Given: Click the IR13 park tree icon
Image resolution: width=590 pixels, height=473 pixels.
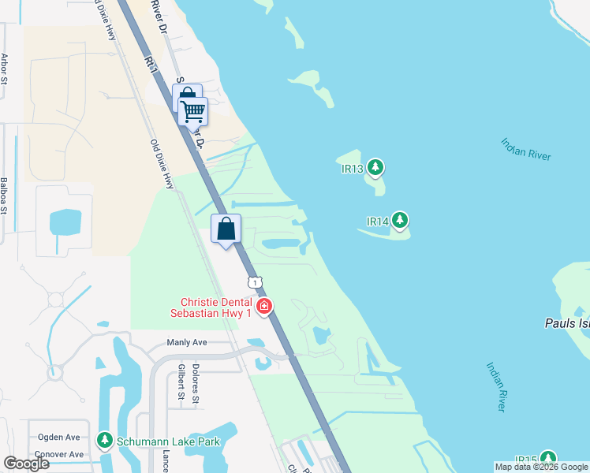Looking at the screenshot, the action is tap(376, 167).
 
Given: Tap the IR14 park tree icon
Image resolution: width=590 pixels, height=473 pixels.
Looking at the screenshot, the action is tap(401, 221).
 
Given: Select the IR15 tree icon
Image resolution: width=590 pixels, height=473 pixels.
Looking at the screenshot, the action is tap(547, 459).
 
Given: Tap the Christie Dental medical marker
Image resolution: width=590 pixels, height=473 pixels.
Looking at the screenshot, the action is tap(264, 306).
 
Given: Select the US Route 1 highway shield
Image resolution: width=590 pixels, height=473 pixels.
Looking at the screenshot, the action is tap(254, 282).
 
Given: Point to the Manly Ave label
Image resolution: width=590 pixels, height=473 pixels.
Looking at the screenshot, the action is tap(186, 343).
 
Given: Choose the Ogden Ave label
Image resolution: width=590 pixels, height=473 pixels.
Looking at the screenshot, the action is tap(59, 437).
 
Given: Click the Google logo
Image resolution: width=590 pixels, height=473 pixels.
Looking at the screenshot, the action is tap(26, 463).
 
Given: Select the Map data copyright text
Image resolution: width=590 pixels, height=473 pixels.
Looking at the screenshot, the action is tap(541, 467).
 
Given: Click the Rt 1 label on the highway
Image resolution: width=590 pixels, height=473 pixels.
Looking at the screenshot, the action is tap(151, 63).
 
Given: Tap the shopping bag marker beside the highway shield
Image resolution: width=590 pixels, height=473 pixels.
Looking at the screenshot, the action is tap(226, 229).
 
